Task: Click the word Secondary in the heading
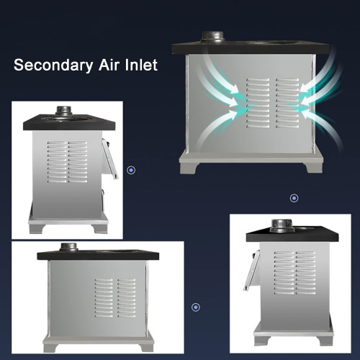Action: click(53, 66)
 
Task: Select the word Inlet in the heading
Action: click(141, 65)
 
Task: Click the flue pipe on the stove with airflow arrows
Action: click(213, 37)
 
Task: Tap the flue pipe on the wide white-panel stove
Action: click(68, 247)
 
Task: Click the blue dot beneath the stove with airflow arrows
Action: click(294, 198)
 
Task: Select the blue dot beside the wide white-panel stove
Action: click(196, 307)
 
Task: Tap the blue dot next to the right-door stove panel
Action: click(131, 170)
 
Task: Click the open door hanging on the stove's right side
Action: click(110, 159)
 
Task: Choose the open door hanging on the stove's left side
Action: click(251, 271)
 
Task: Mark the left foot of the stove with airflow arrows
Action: click(190, 168)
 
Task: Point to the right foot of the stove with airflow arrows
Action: click(313, 168)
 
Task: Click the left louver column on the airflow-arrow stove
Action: click(258, 102)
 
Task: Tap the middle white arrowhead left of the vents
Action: click(233, 102)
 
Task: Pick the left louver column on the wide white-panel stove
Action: click(104, 297)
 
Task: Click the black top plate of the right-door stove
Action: click(292, 235)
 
